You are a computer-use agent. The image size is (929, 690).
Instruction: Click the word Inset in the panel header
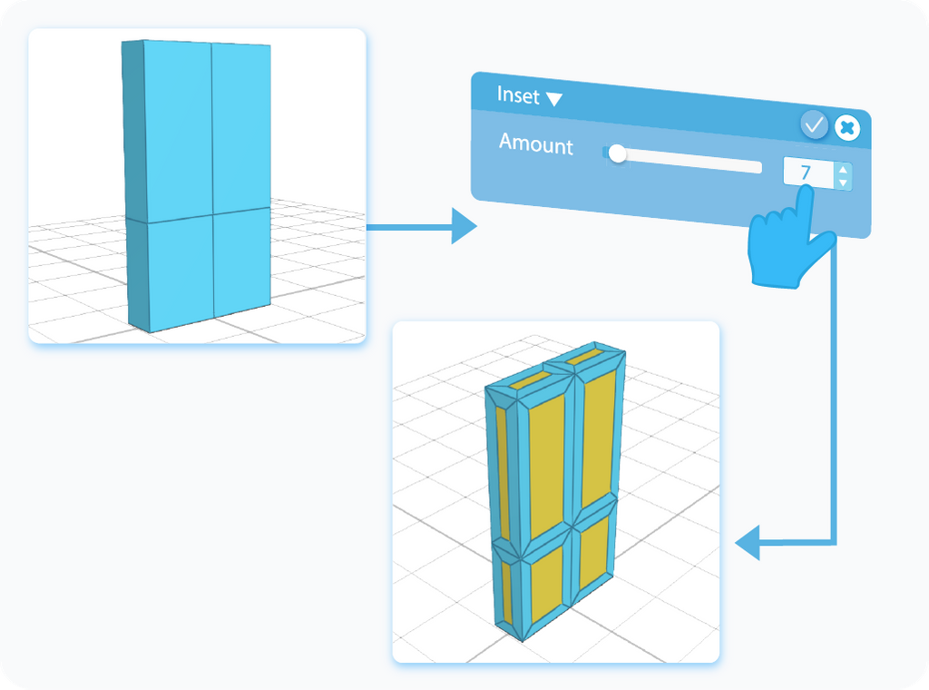(x=518, y=95)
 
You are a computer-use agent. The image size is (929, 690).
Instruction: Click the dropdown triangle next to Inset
(x=553, y=99)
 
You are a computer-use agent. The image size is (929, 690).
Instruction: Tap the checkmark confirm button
(x=815, y=125)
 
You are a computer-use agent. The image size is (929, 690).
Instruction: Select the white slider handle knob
(x=618, y=154)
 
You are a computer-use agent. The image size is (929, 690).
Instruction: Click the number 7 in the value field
(x=806, y=172)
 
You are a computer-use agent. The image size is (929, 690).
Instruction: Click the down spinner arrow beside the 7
(x=843, y=182)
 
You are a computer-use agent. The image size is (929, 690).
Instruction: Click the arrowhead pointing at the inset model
(x=748, y=546)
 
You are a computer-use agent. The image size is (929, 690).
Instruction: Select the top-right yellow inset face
(x=595, y=436)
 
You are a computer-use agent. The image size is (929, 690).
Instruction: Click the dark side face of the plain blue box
(x=133, y=182)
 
